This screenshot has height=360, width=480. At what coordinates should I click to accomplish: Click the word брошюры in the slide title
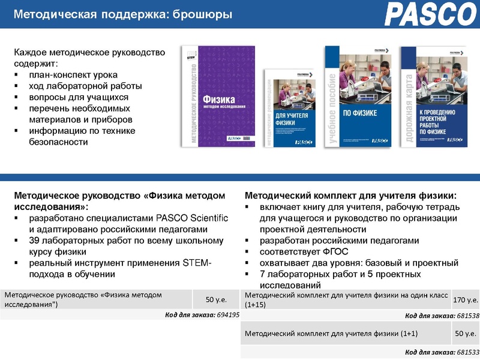pos(203,14)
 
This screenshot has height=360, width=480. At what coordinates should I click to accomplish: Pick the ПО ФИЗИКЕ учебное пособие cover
pos(358,96)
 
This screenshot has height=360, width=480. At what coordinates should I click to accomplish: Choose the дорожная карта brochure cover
pos(433,96)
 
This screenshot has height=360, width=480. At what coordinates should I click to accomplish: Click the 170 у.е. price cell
pos(466,299)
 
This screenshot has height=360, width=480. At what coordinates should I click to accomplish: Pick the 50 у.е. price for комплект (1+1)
pos(466,333)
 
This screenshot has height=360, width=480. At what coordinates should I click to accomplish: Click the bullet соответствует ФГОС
pos(304,251)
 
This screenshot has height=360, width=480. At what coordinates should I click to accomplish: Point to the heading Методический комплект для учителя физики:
pos(351,196)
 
